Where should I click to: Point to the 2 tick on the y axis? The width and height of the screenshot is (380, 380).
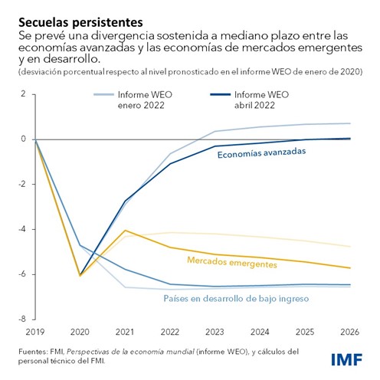23,94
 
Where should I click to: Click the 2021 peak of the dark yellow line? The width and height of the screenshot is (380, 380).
125,230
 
